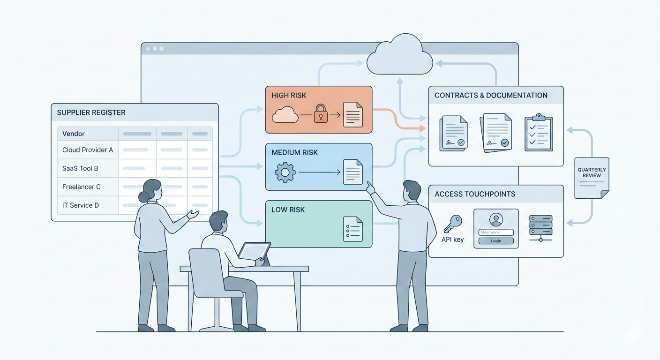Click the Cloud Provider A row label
pos(88,150)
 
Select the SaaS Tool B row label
pos(80,168)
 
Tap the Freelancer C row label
pos(82,187)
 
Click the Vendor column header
pos(74,134)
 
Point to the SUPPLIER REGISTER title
pos(91,112)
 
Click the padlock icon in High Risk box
pos(321,114)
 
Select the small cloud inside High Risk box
pos(285,114)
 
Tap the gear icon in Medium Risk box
pos(285,172)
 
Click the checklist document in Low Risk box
pos(352,229)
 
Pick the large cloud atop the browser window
pos(399,56)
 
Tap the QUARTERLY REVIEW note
pos(592,177)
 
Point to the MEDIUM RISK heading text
pos(294,152)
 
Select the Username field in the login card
pos(496,232)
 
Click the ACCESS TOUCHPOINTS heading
pos(475,194)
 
